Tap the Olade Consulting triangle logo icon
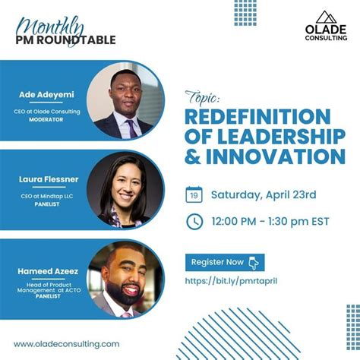[325, 17]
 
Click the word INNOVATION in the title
[279, 156]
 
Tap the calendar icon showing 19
[194, 195]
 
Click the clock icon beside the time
[194, 221]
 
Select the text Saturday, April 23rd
[263, 195]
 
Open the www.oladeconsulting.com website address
[67, 343]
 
